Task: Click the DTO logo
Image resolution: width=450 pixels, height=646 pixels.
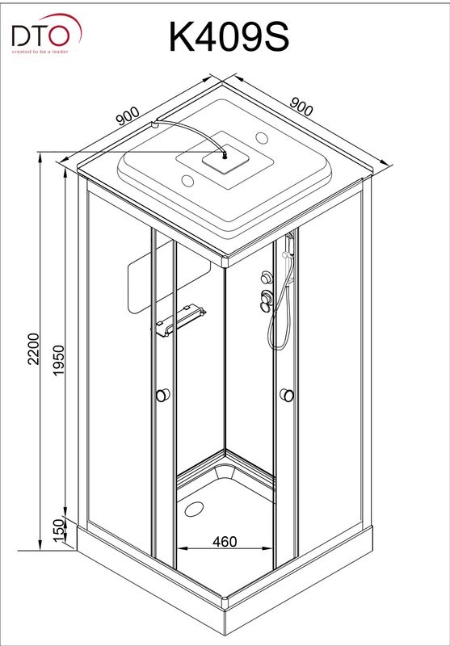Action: pyautogui.click(x=47, y=34)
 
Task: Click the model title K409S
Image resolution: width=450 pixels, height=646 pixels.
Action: pyautogui.click(x=229, y=37)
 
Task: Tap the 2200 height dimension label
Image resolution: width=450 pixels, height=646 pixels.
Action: pyautogui.click(x=34, y=349)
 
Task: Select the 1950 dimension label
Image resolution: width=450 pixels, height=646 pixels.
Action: pyautogui.click(x=59, y=359)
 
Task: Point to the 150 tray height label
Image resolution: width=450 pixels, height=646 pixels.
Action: pyautogui.click(x=59, y=531)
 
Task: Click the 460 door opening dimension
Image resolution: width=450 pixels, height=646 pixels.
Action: pyautogui.click(x=225, y=541)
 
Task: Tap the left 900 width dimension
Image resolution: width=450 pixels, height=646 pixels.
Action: pyautogui.click(x=128, y=116)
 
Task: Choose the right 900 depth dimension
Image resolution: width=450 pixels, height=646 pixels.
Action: pyautogui.click(x=301, y=107)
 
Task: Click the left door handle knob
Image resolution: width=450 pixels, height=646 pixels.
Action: pyautogui.click(x=162, y=395)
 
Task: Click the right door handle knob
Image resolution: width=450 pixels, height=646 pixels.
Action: pyautogui.click(x=287, y=395)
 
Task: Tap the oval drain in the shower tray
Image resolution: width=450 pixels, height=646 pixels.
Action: pyautogui.click(x=194, y=510)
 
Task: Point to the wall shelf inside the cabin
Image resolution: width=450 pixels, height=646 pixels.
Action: pyautogui.click(x=180, y=320)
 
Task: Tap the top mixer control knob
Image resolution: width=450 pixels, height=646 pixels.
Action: pyautogui.click(x=267, y=277)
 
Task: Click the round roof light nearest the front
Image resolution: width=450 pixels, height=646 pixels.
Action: pyautogui.click(x=188, y=180)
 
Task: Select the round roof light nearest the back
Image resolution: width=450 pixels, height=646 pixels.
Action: pyautogui.click(x=262, y=137)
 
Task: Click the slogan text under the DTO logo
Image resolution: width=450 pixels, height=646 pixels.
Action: pyautogui.click(x=40, y=52)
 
